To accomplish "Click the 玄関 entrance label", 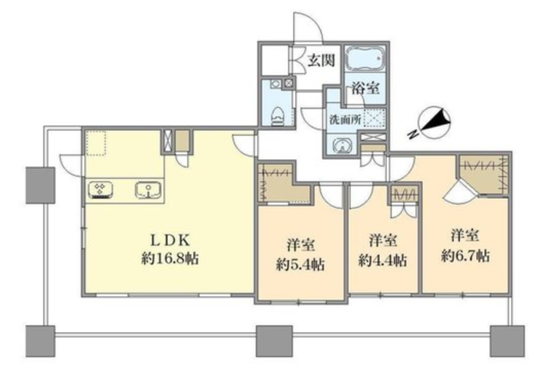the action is (x=321, y=61).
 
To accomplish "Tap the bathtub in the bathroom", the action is (x=365, y=58).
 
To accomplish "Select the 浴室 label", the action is (x=366, y=88).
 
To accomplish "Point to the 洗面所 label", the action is (x=345, y=119).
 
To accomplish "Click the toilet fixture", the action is (x=277, y=116).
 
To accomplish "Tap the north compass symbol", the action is (x=434, y=122).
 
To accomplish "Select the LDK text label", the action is (x=171, y=240).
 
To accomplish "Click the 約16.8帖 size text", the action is (x=170, y=258).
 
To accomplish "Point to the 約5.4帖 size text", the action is (x=300, y=264).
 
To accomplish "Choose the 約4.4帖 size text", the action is (x=383, y=261).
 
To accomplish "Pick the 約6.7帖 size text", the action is (x=465, y=256).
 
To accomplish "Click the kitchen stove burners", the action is (x=100, y=189).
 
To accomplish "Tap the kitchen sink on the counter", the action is (x=148, y=189).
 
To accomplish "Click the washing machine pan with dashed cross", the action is (x=374, y=117).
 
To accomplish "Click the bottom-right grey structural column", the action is (x=507, y=341).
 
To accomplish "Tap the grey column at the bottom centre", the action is (x=274, y=341).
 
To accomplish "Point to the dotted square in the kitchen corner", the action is (x=95, y=143).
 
